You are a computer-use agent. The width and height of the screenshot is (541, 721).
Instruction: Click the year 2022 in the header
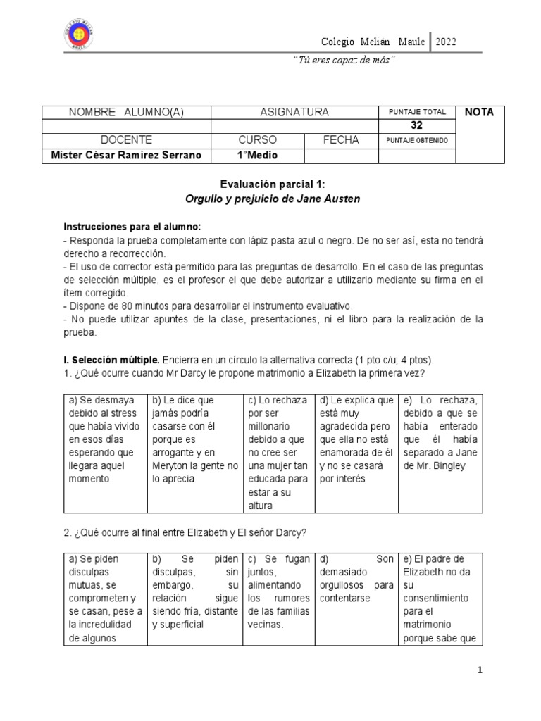[446, 42]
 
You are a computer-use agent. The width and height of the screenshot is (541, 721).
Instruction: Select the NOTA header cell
[479, 112]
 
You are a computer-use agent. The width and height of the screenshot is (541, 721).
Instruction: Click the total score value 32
[416, 125]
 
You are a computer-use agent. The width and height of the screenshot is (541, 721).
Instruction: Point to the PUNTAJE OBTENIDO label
[417, 140]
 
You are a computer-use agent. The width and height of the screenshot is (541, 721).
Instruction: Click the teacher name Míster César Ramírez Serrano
[127, 155]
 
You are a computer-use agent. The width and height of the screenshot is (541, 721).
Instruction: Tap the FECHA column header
[341, 140]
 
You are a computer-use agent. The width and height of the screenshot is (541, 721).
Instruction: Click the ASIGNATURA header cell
[294, 112]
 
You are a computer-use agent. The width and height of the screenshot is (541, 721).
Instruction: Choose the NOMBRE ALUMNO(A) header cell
[127, 112]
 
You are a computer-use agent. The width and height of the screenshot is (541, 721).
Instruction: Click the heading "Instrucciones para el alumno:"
[132, 227]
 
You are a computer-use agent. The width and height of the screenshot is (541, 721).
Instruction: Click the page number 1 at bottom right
[480, 670]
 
